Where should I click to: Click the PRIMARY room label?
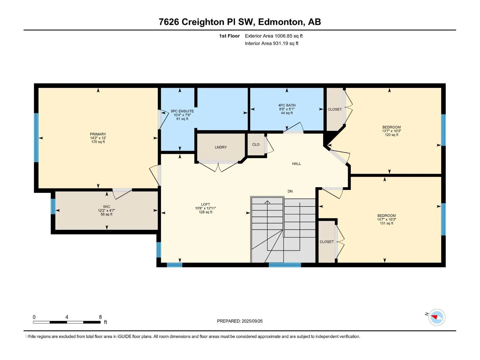tap(98, 134)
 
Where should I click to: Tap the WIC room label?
tap(106, 207)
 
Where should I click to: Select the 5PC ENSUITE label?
tap(182, 111)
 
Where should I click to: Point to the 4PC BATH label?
tap(286, 105)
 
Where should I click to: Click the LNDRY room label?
tap(220, 147)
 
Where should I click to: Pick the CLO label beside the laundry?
tap(256, 145)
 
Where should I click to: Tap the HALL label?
tap(296, 163)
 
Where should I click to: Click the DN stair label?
tap(290, 191)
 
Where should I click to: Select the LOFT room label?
tap(205, 204)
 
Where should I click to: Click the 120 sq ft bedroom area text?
tap(391, 135)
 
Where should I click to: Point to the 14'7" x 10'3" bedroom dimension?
tap(386, 220)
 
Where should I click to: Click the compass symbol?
tap(437, 317)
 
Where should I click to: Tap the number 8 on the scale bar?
tap(100, 317)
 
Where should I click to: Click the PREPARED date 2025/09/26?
tap(252, 321)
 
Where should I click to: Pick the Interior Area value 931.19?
tap(280, 43)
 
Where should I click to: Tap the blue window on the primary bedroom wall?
tap(36, 137)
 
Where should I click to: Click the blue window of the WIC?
tap(53, 206)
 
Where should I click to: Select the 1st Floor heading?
tap(229, 36)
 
